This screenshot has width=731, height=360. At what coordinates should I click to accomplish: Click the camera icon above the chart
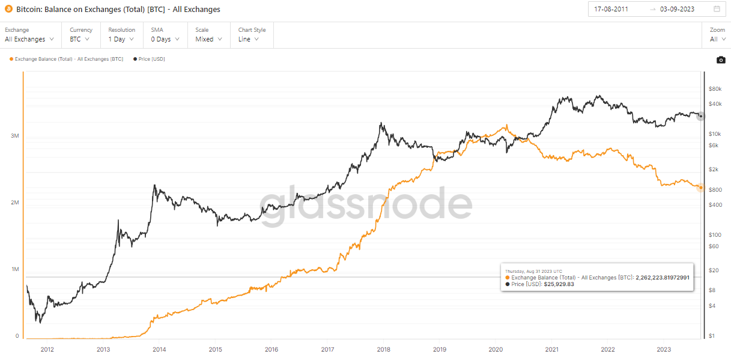(x=721, y=59)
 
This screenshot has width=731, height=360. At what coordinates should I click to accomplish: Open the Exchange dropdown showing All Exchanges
(x=29, y=39)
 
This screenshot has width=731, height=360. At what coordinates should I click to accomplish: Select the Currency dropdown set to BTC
(x=80, y=39)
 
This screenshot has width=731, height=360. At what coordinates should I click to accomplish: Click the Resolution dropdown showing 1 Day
(x=121, y=39)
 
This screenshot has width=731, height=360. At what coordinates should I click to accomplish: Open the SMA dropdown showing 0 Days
(x=165, y=39)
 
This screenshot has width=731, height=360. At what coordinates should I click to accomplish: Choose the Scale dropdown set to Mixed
(x=208, y=39)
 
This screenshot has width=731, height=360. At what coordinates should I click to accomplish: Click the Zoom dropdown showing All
(x=717, y=39)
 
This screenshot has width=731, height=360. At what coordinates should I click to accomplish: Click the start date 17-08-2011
(x=611, y=9)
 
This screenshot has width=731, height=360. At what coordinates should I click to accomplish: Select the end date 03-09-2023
(x=677, y=9)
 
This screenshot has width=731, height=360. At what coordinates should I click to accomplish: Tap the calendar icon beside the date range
(x=717, y=9)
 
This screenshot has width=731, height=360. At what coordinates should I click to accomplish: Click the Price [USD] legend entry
(x=148, y=59)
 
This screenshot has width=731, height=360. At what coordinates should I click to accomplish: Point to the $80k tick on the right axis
(x=714, y=89)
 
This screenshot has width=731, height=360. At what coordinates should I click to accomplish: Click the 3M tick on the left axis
(x=15, y=136)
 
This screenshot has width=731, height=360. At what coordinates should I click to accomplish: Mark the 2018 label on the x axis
(x=383, y=349)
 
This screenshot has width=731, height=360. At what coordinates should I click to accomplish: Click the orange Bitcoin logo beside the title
(x=8, y=9)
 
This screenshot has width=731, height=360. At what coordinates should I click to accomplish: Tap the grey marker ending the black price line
(x=700, y=116)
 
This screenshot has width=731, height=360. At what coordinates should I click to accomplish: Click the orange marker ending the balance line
(x=700, y=188)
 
